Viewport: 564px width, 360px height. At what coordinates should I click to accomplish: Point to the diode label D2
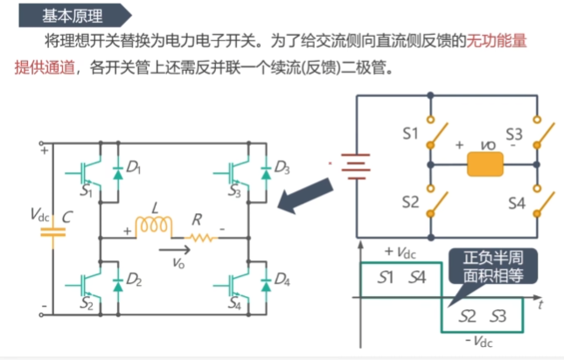tap(134, 280)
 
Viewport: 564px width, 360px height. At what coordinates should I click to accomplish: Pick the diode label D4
tap(282, 280)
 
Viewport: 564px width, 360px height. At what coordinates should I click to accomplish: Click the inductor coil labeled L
tap(154, 226)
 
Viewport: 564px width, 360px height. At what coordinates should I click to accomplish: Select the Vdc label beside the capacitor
tap(39, 214)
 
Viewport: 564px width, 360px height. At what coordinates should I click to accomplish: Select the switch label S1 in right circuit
tap(411, 135)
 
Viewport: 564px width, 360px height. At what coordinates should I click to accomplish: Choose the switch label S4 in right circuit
tap(516, 203)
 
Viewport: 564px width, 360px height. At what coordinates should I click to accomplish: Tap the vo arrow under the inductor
tap(173, 253)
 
